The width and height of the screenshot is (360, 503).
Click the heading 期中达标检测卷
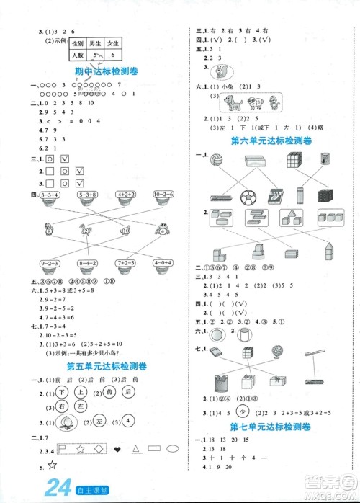[x=105, y=71]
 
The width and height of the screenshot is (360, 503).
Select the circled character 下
[x=63, y=391]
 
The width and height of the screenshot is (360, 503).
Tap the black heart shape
[x=117, y=449]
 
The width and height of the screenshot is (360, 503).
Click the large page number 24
[x=58, y=491]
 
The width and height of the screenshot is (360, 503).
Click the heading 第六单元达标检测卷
[x=271, y=141]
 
